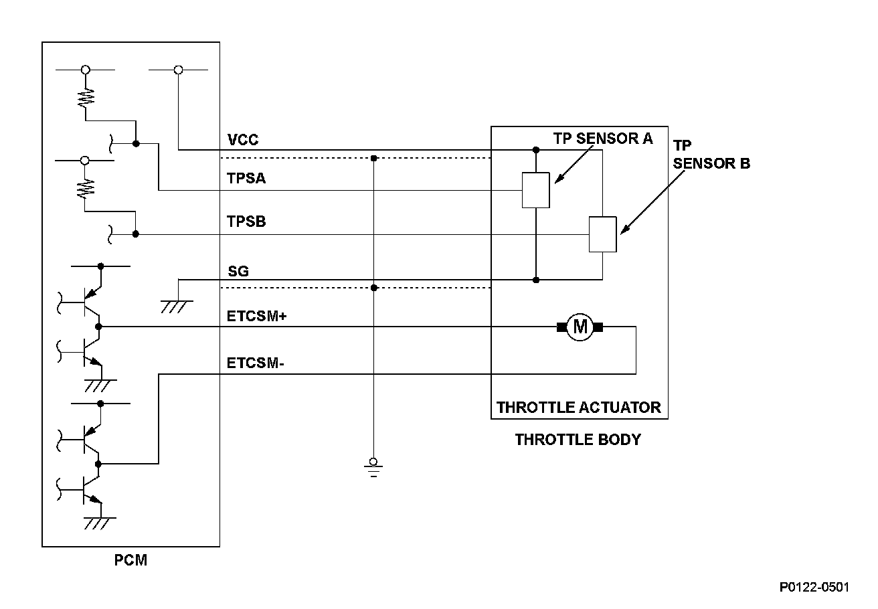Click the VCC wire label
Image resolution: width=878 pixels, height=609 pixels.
[x=242, y=141]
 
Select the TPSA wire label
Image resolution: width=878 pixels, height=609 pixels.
[x=246, y=179]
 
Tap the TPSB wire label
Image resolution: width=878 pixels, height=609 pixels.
[x=246, y=222]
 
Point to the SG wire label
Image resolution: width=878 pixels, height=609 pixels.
[x=238, y=271]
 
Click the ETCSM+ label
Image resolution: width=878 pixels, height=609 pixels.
[x=257, y=316]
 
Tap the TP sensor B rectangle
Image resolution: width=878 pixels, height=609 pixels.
[x=602, y=234]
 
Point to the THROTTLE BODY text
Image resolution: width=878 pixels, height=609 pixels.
[x=578, y=440]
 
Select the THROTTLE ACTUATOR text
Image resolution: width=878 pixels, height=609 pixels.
[x=578, y=407]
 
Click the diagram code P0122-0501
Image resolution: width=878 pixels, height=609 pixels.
[x=814, y=587]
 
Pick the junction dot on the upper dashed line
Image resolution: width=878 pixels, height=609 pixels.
[x=374, y=159]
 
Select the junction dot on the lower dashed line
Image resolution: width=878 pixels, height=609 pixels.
[x=374, y=288]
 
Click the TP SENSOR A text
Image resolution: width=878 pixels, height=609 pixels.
[x=602, y=139]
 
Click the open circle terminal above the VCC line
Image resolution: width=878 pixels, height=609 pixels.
[x=178, y=70]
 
